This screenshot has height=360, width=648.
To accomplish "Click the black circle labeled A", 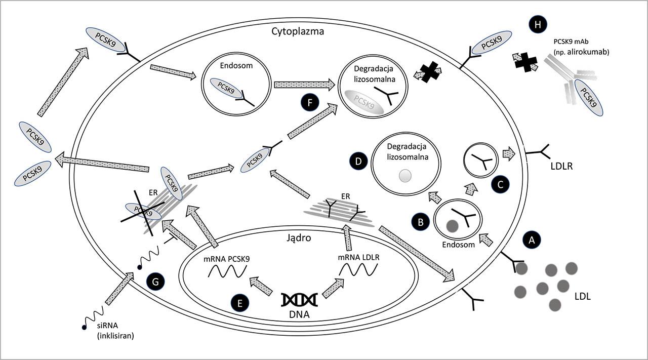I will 531,239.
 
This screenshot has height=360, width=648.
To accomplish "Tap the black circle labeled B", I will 420,221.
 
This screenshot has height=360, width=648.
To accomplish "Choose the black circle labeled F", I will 308,103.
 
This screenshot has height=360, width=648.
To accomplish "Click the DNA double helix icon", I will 299,299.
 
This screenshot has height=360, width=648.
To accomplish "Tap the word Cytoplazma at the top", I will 297,31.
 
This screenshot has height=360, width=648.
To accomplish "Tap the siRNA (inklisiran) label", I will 115,330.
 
